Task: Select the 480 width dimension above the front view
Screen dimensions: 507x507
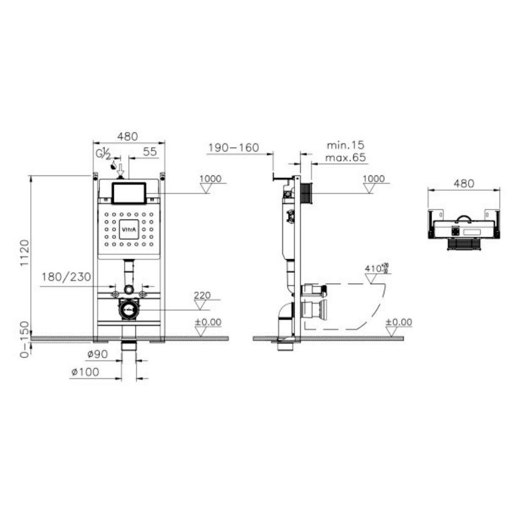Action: coord(128,136)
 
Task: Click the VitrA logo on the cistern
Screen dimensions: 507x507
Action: coord(129,230)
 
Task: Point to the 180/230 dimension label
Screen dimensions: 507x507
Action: coord(66,277)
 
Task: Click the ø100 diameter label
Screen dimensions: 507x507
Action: coord(85,372)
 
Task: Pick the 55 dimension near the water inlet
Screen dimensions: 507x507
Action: coord(150,151)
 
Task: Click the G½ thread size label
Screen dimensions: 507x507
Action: coord(103,153)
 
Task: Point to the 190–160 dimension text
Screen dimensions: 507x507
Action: coord(233,148)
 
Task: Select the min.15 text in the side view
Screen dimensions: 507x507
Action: coord(345,146)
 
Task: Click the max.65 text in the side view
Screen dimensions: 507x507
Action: coord(345,158)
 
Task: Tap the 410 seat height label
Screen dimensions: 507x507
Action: coord(374,267)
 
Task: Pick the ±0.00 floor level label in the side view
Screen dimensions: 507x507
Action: coord(399,322)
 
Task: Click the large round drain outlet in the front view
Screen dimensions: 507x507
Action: coord(129,309)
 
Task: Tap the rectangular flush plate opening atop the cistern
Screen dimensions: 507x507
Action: coord(129,193)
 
